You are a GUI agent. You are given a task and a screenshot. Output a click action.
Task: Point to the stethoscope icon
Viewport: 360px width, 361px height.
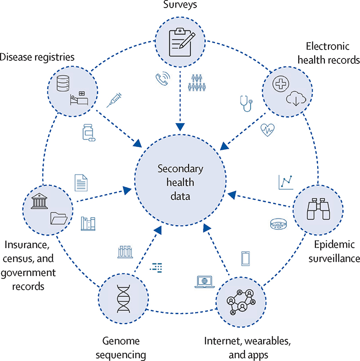tap(245, 104)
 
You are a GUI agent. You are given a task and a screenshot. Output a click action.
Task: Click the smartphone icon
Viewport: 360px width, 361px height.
tap(246, 258)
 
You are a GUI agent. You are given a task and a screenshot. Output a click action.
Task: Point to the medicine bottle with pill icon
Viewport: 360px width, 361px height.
tap(88, 133)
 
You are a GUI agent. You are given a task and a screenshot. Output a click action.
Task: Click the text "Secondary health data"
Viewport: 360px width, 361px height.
tap(180, 183)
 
